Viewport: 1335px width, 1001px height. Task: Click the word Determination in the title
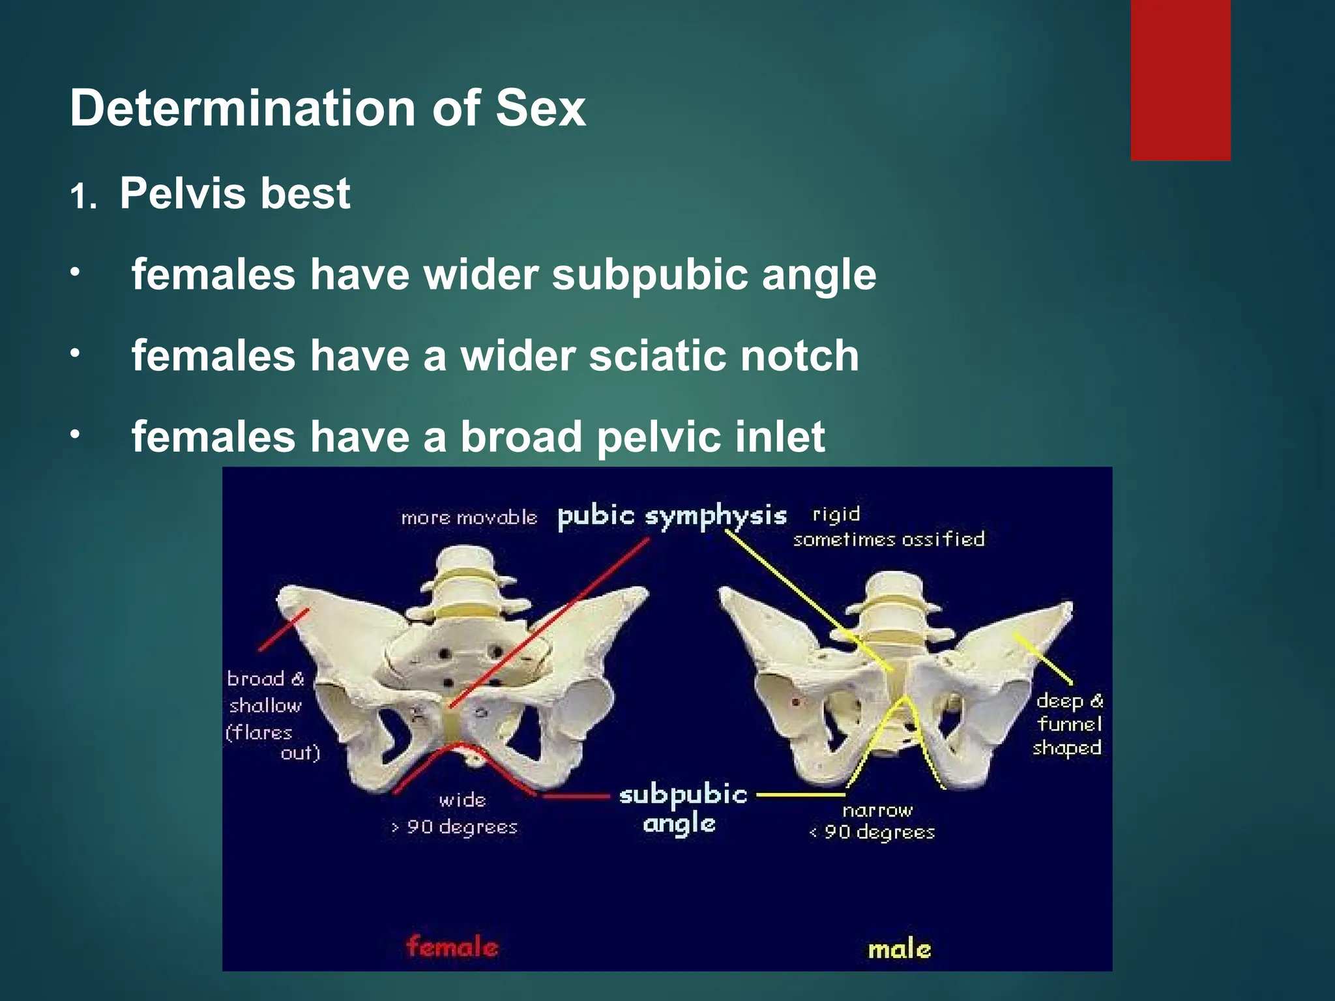click(243, 108)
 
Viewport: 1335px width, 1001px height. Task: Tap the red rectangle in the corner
click(1180, 80)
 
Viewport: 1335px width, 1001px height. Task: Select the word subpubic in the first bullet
click(649, 275)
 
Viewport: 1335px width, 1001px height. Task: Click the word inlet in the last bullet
click(780, 437)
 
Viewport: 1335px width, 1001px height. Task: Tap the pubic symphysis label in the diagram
click(671, 516)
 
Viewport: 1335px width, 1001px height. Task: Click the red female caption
click(452, 946)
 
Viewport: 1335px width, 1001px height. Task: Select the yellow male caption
click(899, 949)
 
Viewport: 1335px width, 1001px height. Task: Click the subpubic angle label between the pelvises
click(682, 809)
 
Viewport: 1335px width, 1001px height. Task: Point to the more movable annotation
click(469, 518)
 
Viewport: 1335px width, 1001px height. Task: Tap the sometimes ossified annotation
click(888, 540)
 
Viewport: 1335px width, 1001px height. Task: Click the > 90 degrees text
click(454, 827)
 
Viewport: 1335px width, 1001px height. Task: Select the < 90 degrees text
click(872, 832)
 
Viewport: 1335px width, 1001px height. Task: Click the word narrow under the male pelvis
click(877, 811)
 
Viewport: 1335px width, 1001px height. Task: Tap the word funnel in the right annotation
click(1069, 724)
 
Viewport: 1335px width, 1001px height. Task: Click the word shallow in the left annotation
click(265, 706)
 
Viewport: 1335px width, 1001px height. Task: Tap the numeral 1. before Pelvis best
click(83, 197)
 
